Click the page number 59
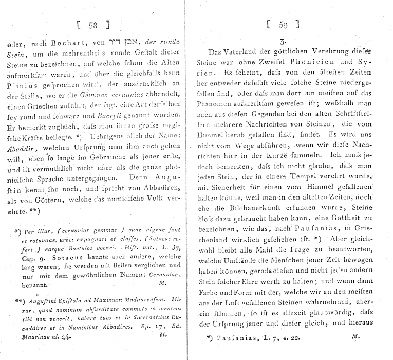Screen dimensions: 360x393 pos(283,24)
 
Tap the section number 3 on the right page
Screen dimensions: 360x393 pos(283,40)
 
